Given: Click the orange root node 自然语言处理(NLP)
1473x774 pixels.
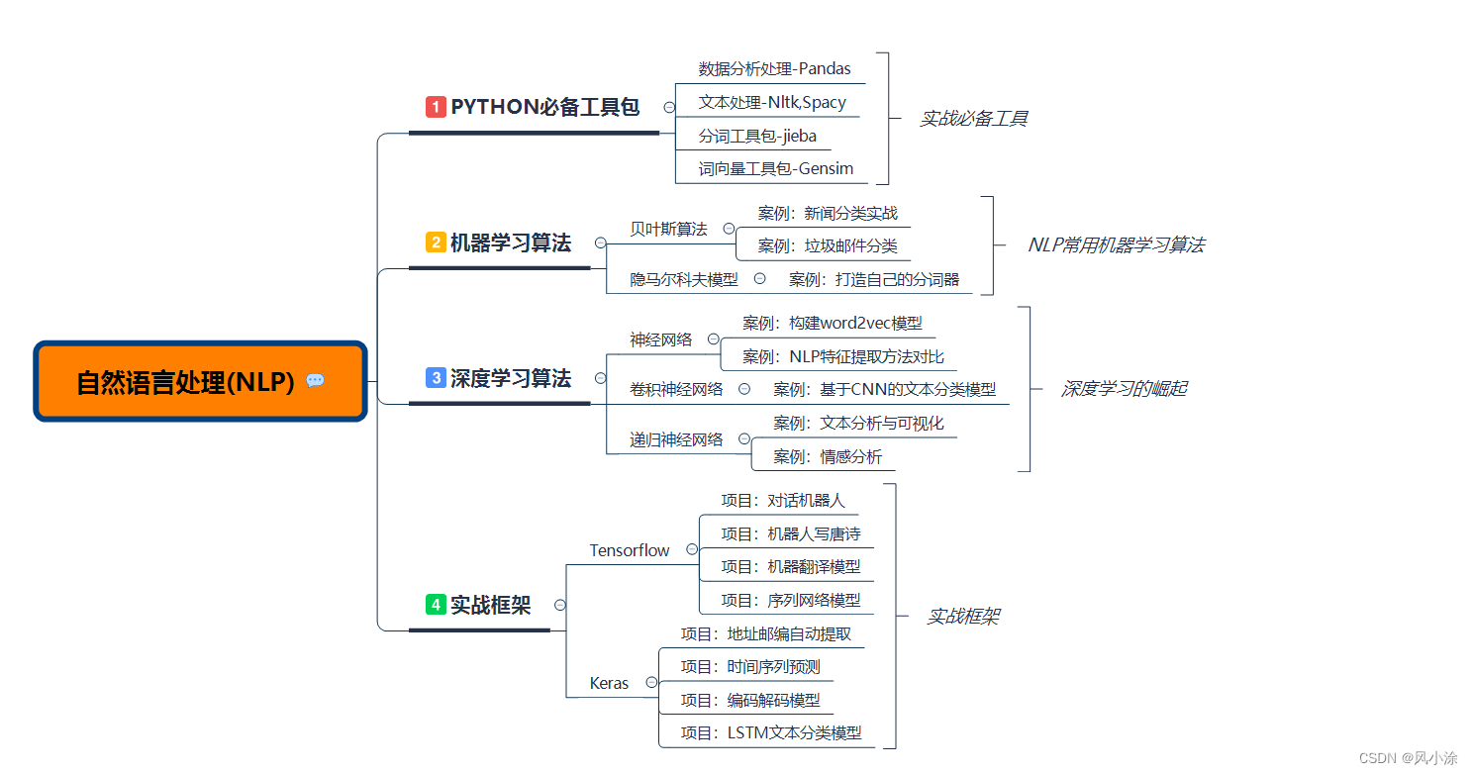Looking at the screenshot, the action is tap(201, 381).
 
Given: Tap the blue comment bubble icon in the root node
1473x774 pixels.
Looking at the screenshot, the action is tap(316, 381).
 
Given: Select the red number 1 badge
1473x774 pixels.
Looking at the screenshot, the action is tap(436, 107).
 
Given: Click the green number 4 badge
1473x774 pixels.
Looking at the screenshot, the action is tap(436, 605).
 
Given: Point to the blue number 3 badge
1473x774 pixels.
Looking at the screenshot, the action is tap(436, 378).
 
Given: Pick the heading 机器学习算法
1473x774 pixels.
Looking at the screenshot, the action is tap(510, 242).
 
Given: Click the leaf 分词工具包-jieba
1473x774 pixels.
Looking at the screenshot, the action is tap(757, 137).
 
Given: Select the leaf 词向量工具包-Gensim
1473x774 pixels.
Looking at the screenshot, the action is tap(775, 169).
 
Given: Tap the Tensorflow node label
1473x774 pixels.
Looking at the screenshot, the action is tap(630, 550).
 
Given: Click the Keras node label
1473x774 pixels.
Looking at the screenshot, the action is tap(609, 683).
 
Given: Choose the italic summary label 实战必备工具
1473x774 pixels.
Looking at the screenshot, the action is tap(974, 119).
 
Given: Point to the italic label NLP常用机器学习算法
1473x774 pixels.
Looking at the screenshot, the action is tap(1117, 245).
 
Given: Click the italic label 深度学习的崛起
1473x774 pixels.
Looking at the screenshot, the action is tap(1124, 389).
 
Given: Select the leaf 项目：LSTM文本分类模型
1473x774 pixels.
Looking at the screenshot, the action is tap(771, 732).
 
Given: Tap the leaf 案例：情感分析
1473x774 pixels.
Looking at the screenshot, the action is tap(828, 456).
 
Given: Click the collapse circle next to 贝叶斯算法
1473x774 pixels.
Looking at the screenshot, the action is tap(729, 229).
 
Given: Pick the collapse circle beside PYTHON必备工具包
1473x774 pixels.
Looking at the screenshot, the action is tap(669, 107).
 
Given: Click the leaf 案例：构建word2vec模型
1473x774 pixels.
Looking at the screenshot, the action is tap(833, 323).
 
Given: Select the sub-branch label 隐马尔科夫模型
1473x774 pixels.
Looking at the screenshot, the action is tap(684, 279).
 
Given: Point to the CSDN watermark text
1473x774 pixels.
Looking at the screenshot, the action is tap(1408, 758).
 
